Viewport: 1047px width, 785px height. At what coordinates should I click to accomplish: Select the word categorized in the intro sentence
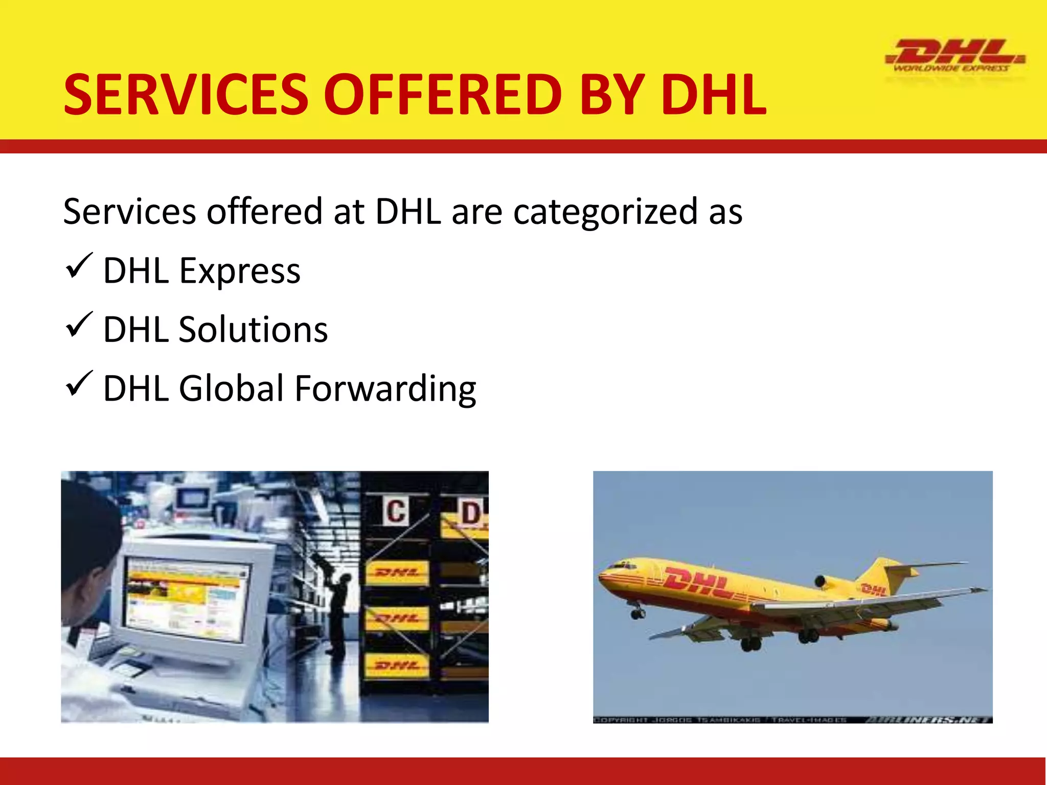pyautogui.click(x=605, y=212)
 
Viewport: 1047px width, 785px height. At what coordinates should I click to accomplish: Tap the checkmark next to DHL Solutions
pyautogui.click(x=79, y=325)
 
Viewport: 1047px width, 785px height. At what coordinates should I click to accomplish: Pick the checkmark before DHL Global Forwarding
pyautogui.click(x=79, y=384)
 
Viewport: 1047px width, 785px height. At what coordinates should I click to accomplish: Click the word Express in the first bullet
pyautogui.click(x=239, y=271)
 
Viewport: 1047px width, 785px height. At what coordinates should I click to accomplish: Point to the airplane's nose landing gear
pyautogui.click(x=637, y=612)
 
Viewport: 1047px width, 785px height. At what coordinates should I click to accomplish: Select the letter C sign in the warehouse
pyautogui.click(x=396, y=511)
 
